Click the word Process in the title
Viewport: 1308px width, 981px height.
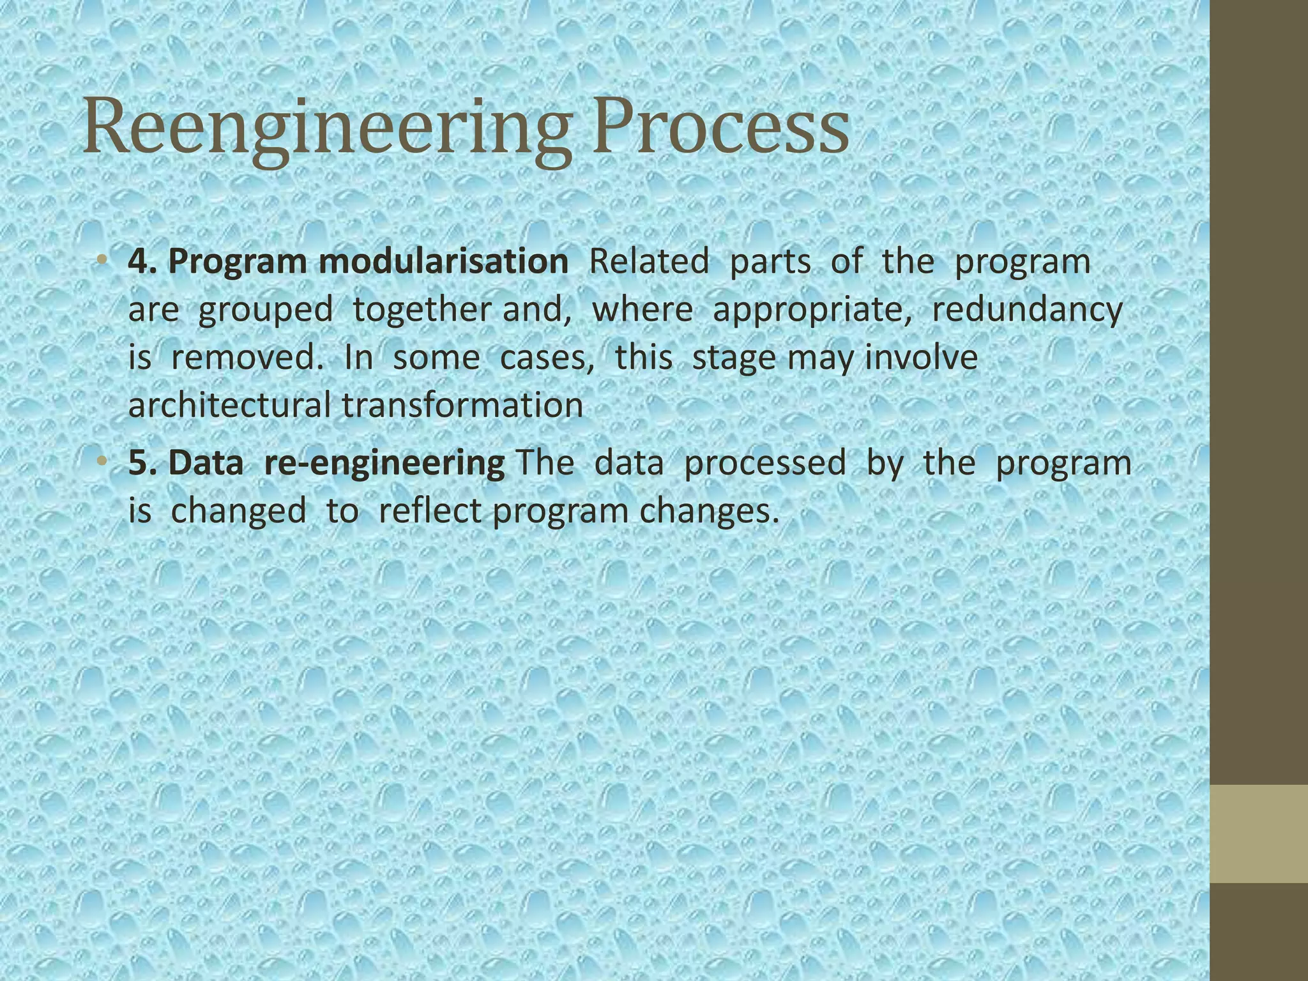coord(720,128)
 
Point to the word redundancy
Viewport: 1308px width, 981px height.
coord(1026,310)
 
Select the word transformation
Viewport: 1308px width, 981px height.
coord(462,405)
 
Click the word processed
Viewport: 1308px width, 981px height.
coord(764,463)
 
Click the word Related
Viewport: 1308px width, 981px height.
coord(648,261)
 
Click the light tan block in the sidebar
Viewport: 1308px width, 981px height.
coord(1259,833)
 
